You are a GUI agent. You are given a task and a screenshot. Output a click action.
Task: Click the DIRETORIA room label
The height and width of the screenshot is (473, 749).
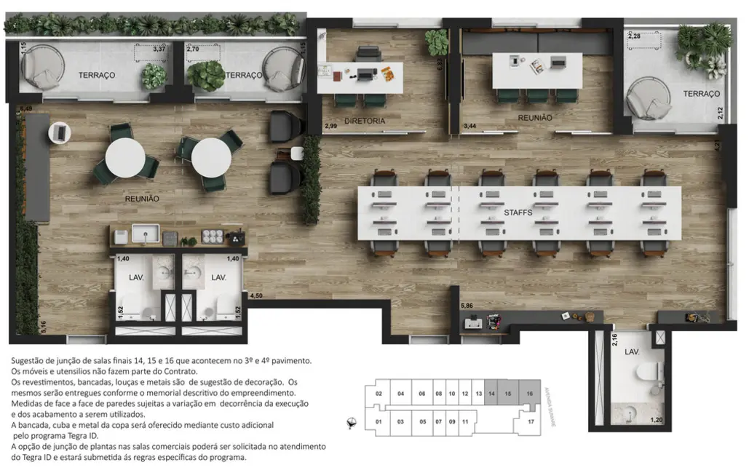point(365,121)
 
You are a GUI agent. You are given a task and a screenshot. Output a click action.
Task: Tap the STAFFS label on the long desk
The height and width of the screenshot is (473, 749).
point(519,212)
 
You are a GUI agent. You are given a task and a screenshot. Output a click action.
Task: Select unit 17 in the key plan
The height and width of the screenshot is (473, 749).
point(531,421)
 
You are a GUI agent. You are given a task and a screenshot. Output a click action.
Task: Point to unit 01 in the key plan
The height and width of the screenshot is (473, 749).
point(379,421)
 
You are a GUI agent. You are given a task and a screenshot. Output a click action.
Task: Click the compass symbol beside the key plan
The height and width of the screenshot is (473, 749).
point(353,421)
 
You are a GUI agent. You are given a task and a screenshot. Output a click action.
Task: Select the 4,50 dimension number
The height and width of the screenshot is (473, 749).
point(256,296)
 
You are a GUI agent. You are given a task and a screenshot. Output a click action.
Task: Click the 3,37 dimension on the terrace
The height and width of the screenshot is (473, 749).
point(159,49)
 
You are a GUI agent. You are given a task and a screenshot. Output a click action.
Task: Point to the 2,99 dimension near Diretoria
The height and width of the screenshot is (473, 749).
point(330,126)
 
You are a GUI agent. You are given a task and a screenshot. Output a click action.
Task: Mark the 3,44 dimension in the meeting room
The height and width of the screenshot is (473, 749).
point(471,126)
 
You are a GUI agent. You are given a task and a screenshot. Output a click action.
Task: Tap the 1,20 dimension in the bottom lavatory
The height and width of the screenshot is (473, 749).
point(656,420)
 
